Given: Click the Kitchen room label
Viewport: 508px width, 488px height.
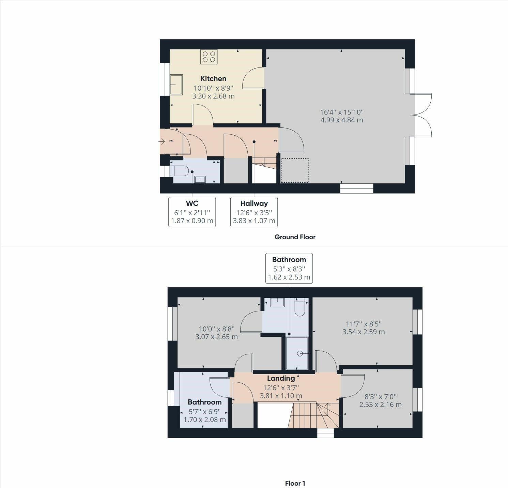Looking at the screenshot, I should tap(213, 79).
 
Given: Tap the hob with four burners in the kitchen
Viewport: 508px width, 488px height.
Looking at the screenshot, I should tap(209, 57).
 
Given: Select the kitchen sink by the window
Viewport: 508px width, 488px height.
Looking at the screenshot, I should tap(176, 85).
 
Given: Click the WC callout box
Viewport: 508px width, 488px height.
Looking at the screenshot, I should tap(192, 212).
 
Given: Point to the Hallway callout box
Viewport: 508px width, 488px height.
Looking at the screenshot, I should tap(254, 212).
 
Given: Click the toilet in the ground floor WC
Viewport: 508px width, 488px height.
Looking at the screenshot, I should tap(180, 171).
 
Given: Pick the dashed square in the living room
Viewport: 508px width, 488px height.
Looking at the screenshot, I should tap(294, 170).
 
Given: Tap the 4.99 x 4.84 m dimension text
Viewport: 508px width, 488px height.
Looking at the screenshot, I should tap(342, 120).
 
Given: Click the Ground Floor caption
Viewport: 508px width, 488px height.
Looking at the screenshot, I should tap(295, 237).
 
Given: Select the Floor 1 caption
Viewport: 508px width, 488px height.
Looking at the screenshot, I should tap(295, 483).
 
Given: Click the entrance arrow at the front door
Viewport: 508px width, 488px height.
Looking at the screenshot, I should tap(162, 141).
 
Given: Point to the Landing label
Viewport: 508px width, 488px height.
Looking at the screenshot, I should tap(281, 378).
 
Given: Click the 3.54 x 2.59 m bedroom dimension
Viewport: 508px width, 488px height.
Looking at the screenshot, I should tap(364, 332).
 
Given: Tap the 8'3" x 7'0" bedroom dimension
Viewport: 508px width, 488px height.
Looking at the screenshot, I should tap(381, 397).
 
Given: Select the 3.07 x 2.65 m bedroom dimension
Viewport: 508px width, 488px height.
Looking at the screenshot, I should tap(216, 337).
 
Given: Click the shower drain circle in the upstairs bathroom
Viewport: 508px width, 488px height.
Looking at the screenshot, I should tap(300, 353).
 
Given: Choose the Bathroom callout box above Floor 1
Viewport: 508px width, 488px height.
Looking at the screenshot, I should tap(289, 268).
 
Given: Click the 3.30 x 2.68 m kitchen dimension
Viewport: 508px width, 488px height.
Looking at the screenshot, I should tap(213, 96).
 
